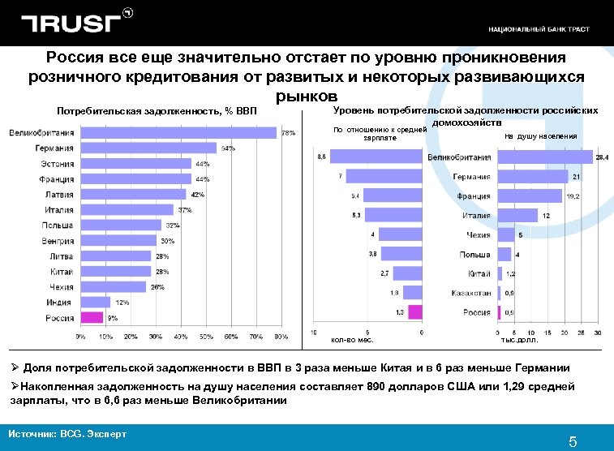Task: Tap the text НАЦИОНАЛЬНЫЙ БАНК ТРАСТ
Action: point(539,29)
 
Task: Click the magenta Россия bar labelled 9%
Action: point(92,317)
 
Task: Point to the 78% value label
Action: point(288,133)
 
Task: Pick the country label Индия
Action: point(58,302)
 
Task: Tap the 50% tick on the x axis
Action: point(206,336)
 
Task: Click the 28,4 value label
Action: point(601,157)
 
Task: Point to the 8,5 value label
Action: point(321,156)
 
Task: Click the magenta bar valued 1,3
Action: point(414,311)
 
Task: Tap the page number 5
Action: point(572,441)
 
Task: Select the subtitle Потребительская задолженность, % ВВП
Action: point(156,111)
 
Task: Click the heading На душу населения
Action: point(540,136)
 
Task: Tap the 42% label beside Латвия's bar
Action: point(197,195)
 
